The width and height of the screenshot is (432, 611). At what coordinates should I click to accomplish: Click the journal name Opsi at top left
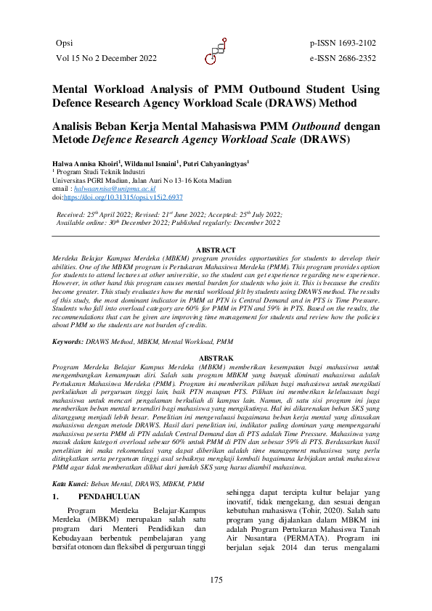point(64,44)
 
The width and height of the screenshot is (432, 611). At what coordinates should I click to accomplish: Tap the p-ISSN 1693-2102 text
point(343,44)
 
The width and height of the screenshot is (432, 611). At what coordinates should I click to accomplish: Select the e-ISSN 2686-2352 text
point(343,58)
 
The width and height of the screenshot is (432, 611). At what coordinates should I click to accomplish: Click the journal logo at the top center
point(216,51)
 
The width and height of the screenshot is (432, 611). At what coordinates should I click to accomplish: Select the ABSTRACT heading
point(216,251)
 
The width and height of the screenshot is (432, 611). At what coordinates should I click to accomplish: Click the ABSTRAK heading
point(216,358)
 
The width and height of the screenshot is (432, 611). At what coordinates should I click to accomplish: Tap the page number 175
point(216,579)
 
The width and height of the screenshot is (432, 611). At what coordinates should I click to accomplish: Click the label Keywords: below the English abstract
point(70,340)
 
